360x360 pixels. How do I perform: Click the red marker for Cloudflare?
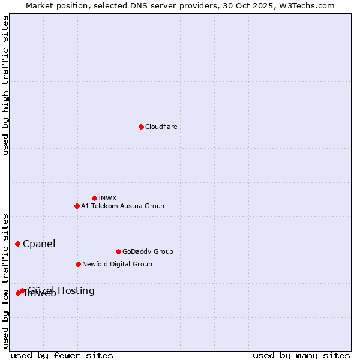[141, 127]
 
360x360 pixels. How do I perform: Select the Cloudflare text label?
[161, 127]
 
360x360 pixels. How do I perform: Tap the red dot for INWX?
[94, 198]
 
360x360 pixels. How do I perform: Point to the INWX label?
[107, 198]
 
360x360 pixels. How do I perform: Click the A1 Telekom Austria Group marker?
[77, 206]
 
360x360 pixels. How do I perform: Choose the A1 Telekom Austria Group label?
[122, 206]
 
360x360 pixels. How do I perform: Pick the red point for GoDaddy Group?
[118, 251]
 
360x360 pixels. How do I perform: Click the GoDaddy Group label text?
[147, 251]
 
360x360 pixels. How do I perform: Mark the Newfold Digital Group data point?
[78, 264]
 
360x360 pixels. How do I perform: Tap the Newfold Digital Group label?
[117, 264]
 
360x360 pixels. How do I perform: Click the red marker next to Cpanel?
[18, 244]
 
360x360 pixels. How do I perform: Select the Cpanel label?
[39, 244]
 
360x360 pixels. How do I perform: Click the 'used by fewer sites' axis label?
[62, 355]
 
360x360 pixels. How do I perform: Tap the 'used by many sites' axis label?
[301, 355]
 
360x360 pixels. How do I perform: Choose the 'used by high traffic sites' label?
[5, 85]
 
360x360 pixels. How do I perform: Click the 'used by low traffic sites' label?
[5, 280]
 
